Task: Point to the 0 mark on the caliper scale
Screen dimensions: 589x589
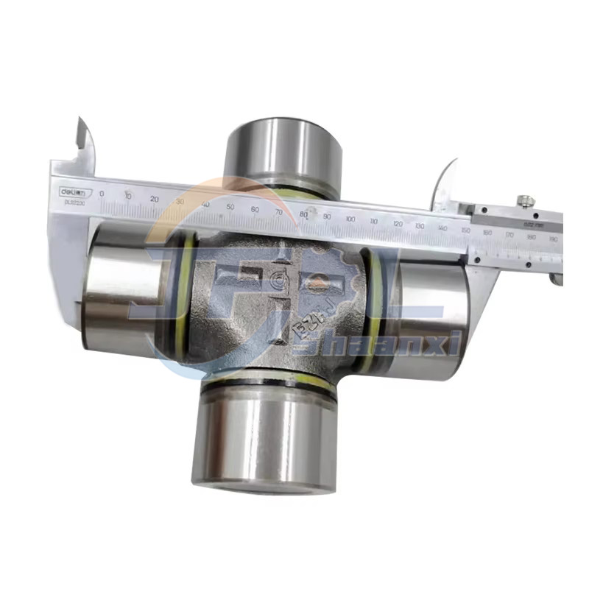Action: click(102, 194)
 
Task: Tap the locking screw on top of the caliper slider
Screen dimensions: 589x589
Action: click(524, 201)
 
